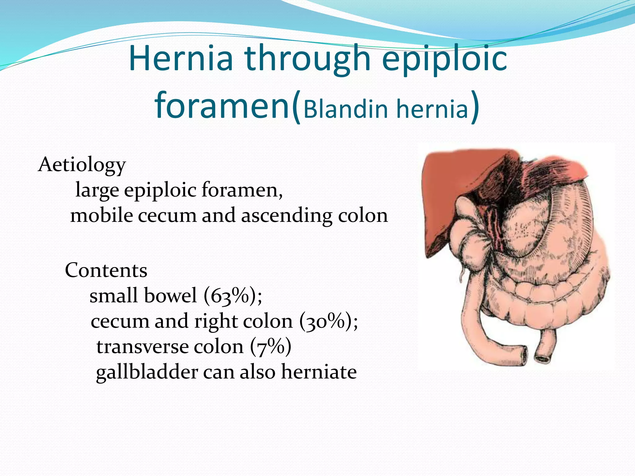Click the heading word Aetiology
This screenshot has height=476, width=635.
tap(82, 165)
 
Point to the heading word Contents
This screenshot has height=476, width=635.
tap(106, 270)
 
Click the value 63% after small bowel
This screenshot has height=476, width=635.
tap(231, 296)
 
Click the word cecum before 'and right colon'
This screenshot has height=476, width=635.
tap(120, 321)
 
